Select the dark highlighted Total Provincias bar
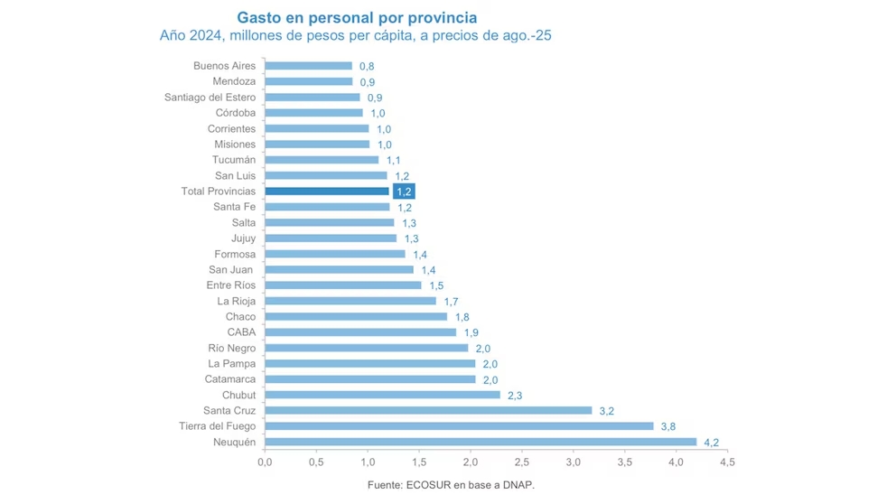click(327, 191)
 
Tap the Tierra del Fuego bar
click(459, 426)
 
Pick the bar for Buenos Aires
click(308, 66)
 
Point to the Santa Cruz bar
click(428, 411)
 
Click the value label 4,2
click(710, 443)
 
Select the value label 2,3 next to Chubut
click(515, 396)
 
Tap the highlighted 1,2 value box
click(404, 191)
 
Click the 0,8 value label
click(367, 66)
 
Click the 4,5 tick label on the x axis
click(727, 462)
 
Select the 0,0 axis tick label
click(265, 462)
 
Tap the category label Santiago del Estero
click(210, 98)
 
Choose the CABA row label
click(241, 332)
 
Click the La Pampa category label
click(232, 364)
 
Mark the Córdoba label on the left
click(236, 113)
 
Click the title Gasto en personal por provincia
click(357, 17)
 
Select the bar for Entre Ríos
click(342, 285)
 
